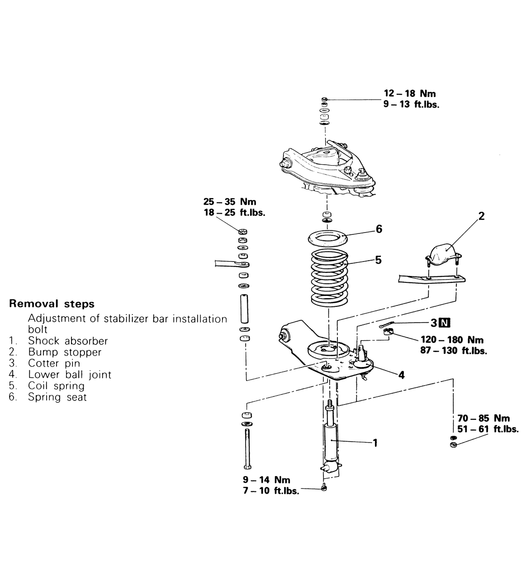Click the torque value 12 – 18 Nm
click(410, 94)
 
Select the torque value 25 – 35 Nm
click(230, 202)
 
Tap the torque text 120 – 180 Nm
click(452, 340)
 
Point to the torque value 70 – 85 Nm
click(483, 418)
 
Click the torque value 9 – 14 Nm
click(266, 480)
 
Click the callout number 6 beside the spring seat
click(379, 229)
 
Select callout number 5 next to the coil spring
click(378, 260)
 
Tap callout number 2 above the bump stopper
click(481, 216)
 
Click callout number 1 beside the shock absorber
click(374, 443)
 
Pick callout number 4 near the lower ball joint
click(401, 375)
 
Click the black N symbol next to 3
click(445, 323)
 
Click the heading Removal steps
click(52, 304)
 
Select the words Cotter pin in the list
click(54, 363)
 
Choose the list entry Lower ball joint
click(69, 375)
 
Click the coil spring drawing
click(329, 278)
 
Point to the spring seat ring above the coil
click(327, 237)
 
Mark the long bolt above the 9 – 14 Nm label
click(247, 448)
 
